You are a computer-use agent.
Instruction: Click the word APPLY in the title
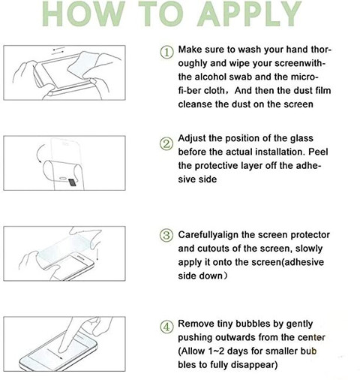click(x=249, y=14)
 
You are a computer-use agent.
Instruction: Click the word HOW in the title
click(x=84, y=14)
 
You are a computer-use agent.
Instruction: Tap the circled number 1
click(x=166, y=52)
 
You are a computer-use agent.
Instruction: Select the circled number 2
click(x=166, y=143)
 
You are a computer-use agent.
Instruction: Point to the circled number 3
click(x=166, y=235)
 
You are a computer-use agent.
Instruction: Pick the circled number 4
click(x=166, y=327)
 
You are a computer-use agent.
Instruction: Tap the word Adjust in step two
click(x=192, y=138)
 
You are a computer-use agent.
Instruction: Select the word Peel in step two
click(x=318, y=152)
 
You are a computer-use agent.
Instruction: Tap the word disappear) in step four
click(x=254, y=365)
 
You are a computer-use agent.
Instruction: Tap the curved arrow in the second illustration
click(x=40, y=153)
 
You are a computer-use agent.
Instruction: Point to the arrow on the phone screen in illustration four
click(x=54, y=354)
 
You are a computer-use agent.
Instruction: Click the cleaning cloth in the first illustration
click(x=82, y=65)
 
